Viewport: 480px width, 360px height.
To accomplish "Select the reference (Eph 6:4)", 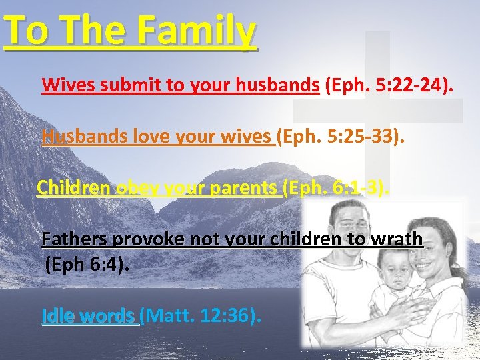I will point(87,265).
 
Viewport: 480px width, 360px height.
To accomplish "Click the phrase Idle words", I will point(88,315).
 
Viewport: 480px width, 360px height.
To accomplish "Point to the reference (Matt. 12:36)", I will point(200,315).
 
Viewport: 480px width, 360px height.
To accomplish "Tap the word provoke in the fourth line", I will point(145,238).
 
